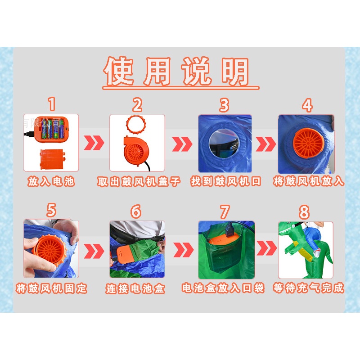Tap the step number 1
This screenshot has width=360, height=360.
coord(52,104)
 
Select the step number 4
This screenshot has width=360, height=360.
coord(307,105)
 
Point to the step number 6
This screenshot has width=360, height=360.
coord(136,211)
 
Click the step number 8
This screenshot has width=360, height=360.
coord(304,211)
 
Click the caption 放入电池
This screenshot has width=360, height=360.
coord(51,181)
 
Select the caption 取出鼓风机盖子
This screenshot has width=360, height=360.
coord(139,181)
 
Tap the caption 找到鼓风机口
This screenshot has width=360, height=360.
coord(226,181)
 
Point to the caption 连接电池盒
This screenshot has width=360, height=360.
coord(135,288)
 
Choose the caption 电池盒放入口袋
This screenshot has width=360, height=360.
coord(223,288)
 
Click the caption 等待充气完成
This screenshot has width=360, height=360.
coord(309,288)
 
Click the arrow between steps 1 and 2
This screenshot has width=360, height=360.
coord(94,143)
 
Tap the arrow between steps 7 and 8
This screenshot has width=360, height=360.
coord(266,248)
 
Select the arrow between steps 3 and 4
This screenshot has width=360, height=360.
coord(266,144)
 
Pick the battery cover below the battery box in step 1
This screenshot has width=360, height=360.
coord(52,159)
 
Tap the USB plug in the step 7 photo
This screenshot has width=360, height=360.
coord(229,231)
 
